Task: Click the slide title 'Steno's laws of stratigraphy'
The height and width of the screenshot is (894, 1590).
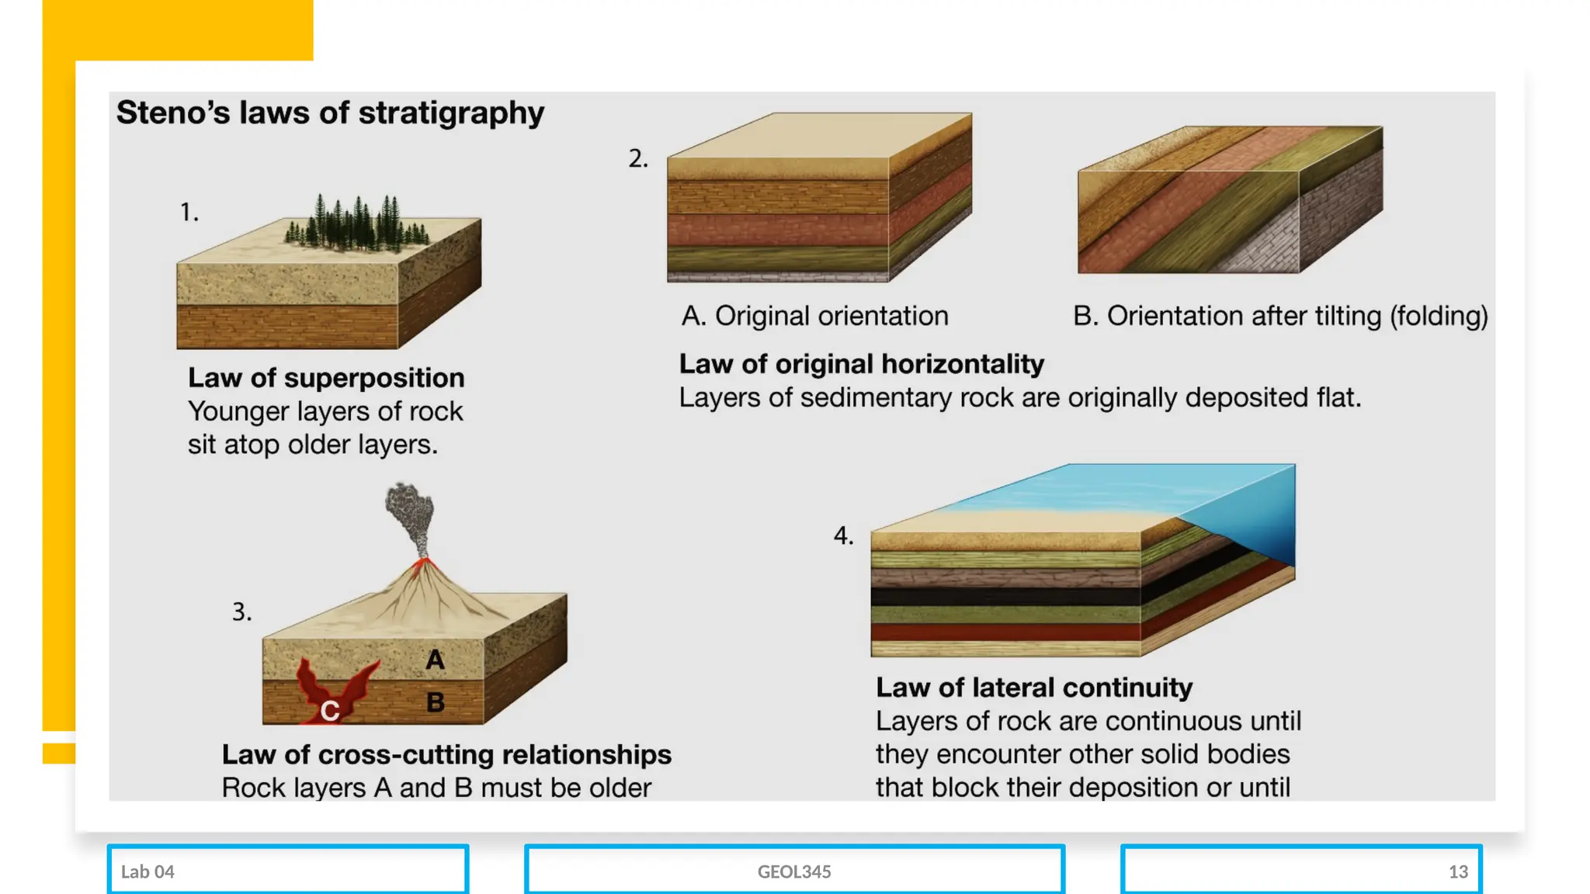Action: pyautogui.click(x=330, y=113)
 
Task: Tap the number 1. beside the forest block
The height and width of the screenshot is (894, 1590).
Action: pyautogui.click(x=189, y=213)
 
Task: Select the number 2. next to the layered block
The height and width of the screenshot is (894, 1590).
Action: pyautogui.click(x=637, y=159)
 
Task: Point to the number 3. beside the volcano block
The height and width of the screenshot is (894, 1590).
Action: pyautogui.click(x=241, y=612)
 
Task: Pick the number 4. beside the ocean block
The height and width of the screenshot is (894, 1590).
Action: pyautogui.click(x=843, y=536)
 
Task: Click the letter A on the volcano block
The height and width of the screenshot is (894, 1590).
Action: pyautogui.click(x=435, y=660)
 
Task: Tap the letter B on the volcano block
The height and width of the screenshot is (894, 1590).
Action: pyautogui.click(x=436, y=703)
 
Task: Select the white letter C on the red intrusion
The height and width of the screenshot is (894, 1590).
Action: pyautogui.click(x=330, y=711)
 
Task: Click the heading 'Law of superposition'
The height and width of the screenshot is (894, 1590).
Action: pyautogui.click(x=326, y=378)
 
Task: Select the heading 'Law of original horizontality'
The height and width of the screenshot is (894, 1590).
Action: pyautogui.click(x=861, y=364)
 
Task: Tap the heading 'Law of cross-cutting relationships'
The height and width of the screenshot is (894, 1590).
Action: pyautogui.click(x=446, y=754)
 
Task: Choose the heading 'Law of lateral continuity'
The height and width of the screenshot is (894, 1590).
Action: pyautogui.click(x=1034, y=688)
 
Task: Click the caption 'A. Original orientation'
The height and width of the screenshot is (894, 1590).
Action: pyautogui.click(x=814, y=317)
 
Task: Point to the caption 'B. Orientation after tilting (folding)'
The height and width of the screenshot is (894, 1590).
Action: pyautogui.click(x=1280, y=317)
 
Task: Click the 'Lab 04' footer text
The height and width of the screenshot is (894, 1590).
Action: pyautogui.click(x=148, y=872)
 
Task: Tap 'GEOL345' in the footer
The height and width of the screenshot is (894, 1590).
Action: pyautogui.click(x=794, y=872)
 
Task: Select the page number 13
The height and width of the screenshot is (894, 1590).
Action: pyautogui.click(x=1458, y=872)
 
